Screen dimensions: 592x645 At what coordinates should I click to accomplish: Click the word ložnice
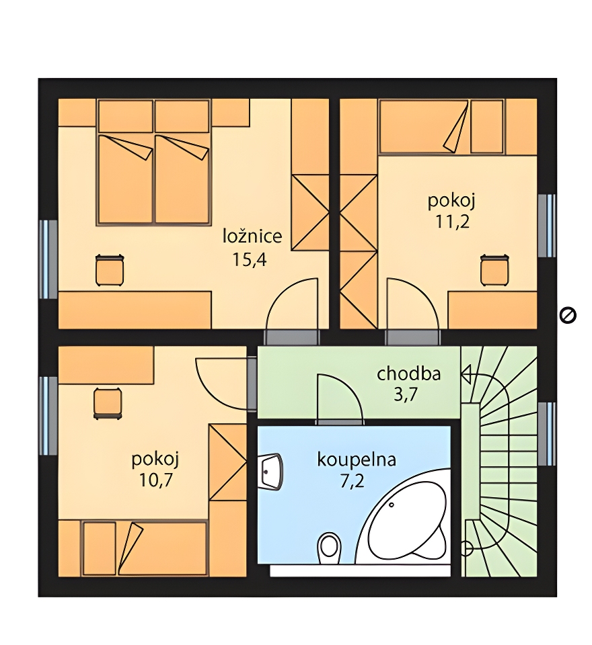[x=252, y=236]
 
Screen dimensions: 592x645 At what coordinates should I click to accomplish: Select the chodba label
[x=408, y=374]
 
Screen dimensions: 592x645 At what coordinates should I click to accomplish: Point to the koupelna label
[x=357, y=460]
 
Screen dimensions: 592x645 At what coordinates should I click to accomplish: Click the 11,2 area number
[x=452, y=222]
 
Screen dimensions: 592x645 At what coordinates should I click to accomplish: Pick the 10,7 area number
[x=155, y=480]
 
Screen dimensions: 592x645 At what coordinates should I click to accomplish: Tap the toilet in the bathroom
[x=330, y=548]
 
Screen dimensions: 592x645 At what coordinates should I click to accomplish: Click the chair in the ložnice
[x=110, y=270]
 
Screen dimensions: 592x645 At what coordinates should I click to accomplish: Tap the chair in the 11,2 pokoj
[x=494, y=270]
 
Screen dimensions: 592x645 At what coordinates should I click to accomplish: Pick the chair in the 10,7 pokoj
[x=108, y=404]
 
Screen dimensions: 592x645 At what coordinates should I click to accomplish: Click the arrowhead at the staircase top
[x=466, y=375]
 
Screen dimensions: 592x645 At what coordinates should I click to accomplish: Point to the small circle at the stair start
[x=466, y=548]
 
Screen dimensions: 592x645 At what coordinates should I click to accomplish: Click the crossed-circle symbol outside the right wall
[x=568, y=316]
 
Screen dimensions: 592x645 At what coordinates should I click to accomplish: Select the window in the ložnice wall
[x=48, y=259]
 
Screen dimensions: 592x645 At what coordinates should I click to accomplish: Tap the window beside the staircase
[x=547, y=434]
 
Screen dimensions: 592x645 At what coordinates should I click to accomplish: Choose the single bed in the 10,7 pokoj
[x=144, y=548]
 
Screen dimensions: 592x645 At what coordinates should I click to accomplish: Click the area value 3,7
[x=406, y=394]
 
